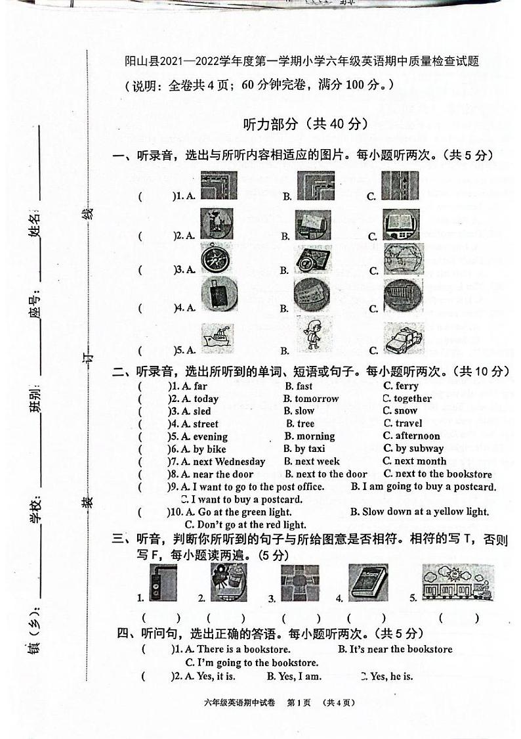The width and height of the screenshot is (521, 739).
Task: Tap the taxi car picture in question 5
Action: [x=404, y=339]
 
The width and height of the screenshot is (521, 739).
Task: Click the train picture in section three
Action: [x=458, y=582]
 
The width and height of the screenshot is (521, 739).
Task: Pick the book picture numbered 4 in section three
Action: [x=367, y=582]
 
